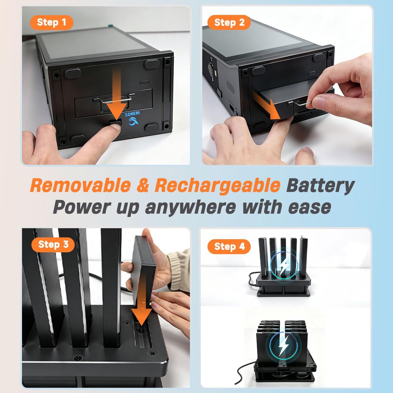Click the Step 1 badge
52,22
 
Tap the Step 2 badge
229,22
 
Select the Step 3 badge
53,245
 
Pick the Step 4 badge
229,247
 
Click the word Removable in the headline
80,185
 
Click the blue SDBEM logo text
132,113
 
